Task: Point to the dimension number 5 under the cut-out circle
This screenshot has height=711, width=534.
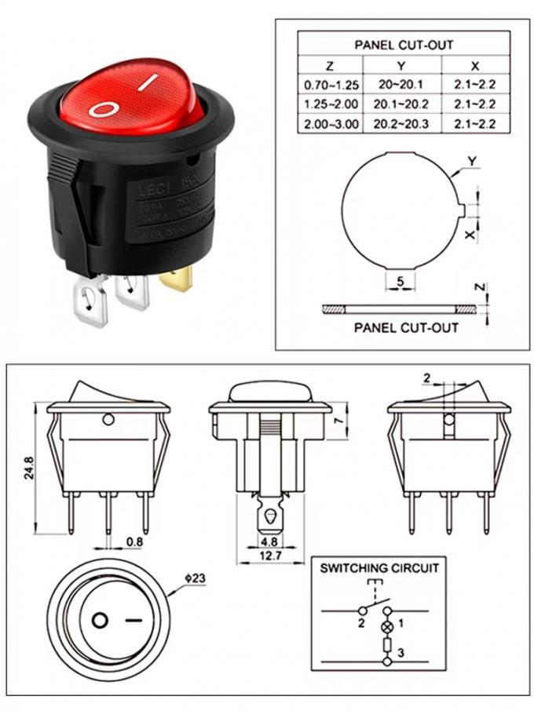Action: (400, 280)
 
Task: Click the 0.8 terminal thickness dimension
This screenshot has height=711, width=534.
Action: (134, 541)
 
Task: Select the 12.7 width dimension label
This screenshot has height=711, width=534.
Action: (269, 556)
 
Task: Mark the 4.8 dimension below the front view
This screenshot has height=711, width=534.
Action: (269, 541)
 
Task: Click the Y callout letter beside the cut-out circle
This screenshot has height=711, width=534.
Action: (472, 161)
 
